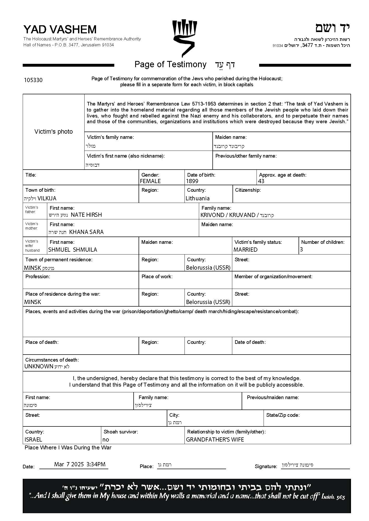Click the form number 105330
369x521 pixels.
(x=33, y=80)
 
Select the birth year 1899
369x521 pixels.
(x=192, y=181)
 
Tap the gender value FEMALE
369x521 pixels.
(x=150, y=181)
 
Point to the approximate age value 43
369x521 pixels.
(x=261, y=181)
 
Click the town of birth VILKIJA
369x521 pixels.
(x=47, y=198)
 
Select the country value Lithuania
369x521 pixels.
(x=198, y=198)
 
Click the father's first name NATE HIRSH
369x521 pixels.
(x=86, y=215)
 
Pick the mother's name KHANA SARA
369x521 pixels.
(x=86, y=232)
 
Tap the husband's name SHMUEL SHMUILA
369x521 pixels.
(x=73, y=250)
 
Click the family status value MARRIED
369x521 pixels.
(x=246, y=250)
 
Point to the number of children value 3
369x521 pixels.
(x=302, y=250)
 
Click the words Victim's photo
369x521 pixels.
(x=53, y=132)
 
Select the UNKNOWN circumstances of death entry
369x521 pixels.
(x=39, y=366)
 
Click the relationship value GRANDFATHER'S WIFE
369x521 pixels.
(x=215, y=439)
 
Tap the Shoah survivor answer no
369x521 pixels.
(x=106, y=439)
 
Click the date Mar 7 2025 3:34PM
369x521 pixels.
(x=80, y=464)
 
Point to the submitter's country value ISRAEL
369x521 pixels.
(x=33, y=439)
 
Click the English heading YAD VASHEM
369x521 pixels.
(x=60, y=29)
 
